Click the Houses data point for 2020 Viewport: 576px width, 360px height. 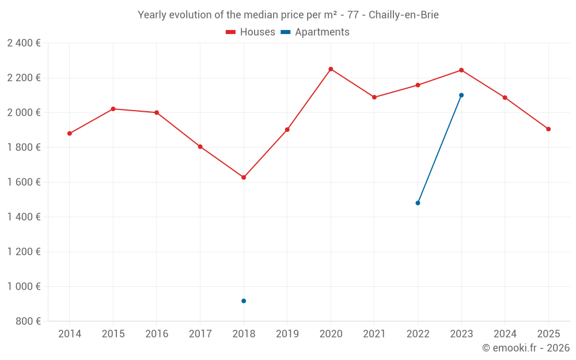pyautogui.click(x=331, y=69)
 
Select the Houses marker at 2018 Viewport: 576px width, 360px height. pyautogui.click(x=244, y=177)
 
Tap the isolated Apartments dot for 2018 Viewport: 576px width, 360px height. pyautogui.click(x=244, y=301)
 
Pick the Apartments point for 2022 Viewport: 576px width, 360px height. pyautogui.click(x=418, y=203)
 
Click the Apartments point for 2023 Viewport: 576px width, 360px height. pyautogui.click(x=461, y=95)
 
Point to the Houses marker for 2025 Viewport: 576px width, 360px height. pyautogui.click(x=548, y=129)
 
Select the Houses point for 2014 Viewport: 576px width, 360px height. pyautogui.click(x=70, y=134)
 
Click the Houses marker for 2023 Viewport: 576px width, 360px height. pyautogui.click(x=461, y=70)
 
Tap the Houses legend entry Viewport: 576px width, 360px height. pyautogui.click(x=251, y=32)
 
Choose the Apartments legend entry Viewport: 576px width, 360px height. pyautogui.click(x=315, y=32)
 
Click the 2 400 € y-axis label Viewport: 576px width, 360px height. pyautogui.click(x=24, y=43)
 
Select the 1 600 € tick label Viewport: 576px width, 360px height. pyautogui.click(x=24, y=182)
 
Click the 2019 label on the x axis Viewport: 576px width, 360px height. pyautogui.click(x=287, y=334)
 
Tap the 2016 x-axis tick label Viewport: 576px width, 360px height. pyautogui.click(x=157, y=334)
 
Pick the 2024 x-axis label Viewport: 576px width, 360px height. pyautogui.click(x=505, y=334)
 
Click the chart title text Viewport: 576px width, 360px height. pyautogui.click(x=288, y=15)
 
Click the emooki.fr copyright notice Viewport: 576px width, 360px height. pyautogui.click(x=525, y=348)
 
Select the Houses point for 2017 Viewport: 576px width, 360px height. pyautogui.click(x=200, y=147)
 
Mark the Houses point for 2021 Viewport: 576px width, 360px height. pyautogui.click(x=374, y=97)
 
